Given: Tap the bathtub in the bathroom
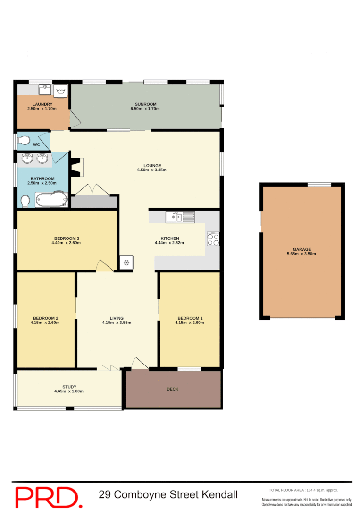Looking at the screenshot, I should click(x=51, y=200).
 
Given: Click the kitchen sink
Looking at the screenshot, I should click(x=180, y=217).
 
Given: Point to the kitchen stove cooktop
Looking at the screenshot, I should click(x=213, y=239).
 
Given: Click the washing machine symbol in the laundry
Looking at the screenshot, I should click(x=61, y=91).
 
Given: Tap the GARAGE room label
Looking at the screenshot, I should click(x=301, y=249).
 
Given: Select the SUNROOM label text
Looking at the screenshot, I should click(x=145, y=104).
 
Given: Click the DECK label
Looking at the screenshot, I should click(x=173, y=389).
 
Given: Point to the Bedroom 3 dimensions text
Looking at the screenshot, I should click(x=66, y=243).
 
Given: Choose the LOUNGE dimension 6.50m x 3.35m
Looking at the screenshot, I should click(x=152, y=170).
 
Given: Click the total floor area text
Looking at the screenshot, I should click(x=303, y=490).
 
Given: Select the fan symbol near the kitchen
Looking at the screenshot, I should click(x=126, y=263).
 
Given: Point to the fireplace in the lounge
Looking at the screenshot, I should click(x=75, y=167).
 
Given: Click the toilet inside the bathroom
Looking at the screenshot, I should click(x=25, y=202).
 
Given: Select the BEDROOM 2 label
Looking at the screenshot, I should click(x=46, y=318).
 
